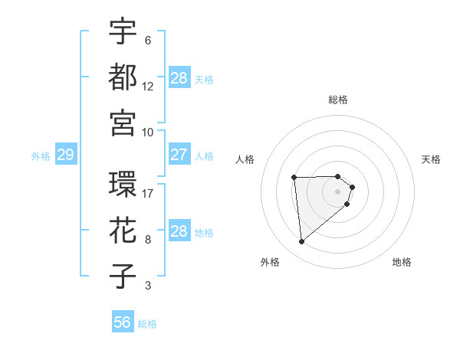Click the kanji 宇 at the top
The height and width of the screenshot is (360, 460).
pos(123,31)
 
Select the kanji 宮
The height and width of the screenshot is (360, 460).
pos(123,123)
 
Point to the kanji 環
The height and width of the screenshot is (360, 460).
pos(123,185)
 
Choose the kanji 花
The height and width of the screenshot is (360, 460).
pos(123,231)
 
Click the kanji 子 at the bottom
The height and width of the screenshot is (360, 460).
pos(123,277)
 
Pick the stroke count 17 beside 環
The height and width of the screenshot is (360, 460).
pos(148,193)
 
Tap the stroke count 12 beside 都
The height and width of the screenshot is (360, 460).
pos(148,86)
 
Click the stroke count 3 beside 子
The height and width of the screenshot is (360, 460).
pos(147,286)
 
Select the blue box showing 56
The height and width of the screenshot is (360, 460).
pos(123,322)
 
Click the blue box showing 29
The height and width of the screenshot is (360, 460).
pos(65,155)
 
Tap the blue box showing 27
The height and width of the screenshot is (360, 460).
pos(179,155)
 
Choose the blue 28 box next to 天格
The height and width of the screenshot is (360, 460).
pos(179,78)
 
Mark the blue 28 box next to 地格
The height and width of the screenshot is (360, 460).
pos(179,231)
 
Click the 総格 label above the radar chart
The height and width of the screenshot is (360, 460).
pos(338,100)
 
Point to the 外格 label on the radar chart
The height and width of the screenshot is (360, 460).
pos(270,262)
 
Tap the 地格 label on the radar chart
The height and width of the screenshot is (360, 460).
pos(402,262)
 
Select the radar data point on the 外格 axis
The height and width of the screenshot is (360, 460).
pos(302,242)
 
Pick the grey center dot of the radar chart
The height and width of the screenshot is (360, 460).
pos(338,191)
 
